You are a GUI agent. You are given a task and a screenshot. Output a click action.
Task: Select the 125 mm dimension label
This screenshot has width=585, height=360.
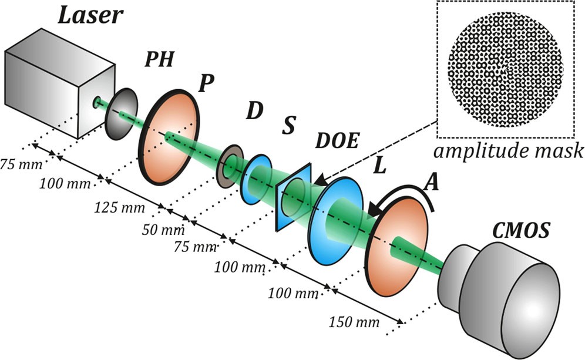click(113, 207)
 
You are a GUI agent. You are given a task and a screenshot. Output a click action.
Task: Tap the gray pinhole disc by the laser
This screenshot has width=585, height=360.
click(120, 112)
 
